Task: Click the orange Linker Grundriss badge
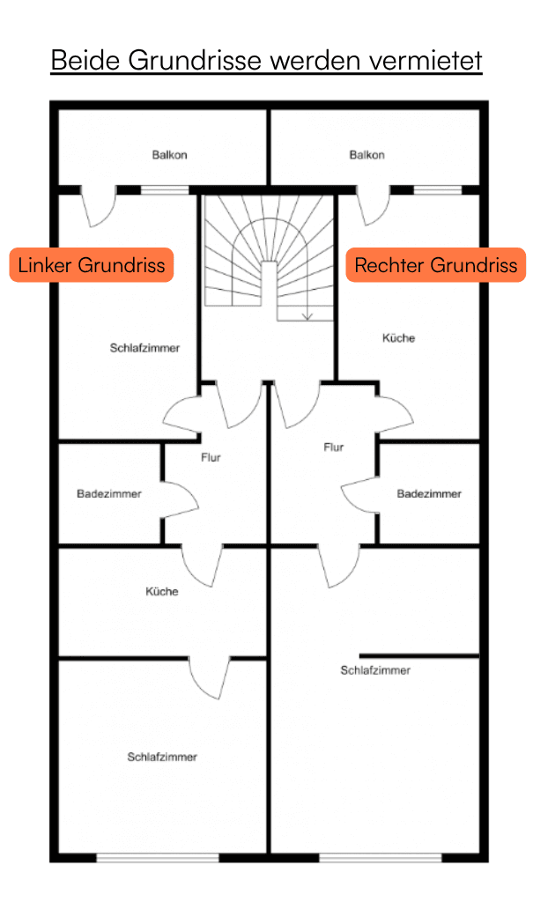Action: click(92, 265)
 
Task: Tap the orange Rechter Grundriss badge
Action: click(436, 265)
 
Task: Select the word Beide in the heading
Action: click(86, 60)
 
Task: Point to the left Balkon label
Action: click(170, 155)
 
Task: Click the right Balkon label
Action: click(366, 155)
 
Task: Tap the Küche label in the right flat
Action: click(398, 338)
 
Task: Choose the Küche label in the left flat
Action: click(162, 591)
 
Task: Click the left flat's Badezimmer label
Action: click(109, 494)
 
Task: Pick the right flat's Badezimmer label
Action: click(429, 494)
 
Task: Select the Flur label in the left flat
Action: click(211, 457)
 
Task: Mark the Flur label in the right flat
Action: click(334, 447)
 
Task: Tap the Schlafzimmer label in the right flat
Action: click(375, 670)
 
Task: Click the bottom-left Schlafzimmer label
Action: click(162, 757)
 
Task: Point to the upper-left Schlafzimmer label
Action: click(144, 348)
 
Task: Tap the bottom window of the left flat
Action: click(158, 858)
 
